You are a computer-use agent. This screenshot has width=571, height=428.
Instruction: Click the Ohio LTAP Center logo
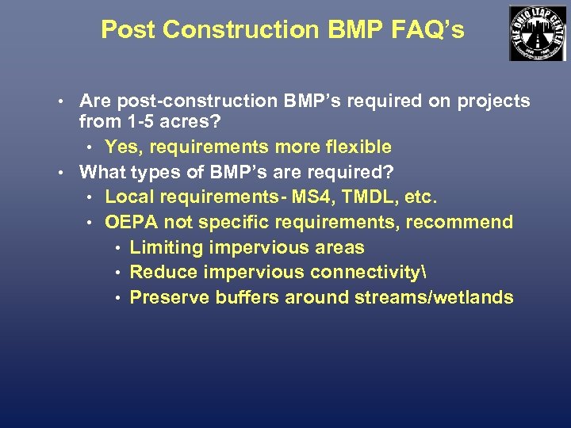click(x=538, y=32)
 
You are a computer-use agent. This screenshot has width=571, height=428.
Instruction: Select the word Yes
click(x=121, y=147)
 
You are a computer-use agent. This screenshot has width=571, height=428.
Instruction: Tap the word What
click(x=102, y=172)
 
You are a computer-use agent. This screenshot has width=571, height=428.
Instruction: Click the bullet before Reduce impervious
click(x=117, y=273)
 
